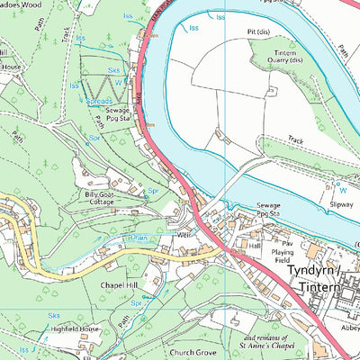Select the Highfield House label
coord(76,330)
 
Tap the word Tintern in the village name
coord(316,286)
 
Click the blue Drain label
coord(138,238)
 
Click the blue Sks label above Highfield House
coord(54,317)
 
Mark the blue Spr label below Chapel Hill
coord(137,303)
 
